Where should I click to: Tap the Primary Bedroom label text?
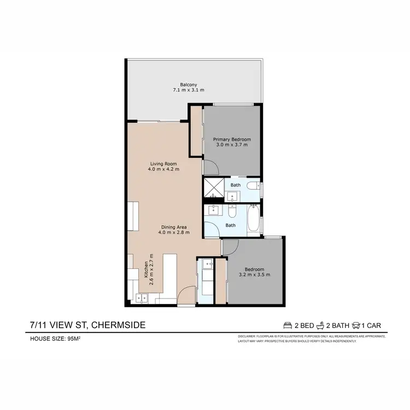point(231,139)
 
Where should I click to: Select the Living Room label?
point(163,163)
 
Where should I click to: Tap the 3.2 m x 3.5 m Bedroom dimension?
point(254,274)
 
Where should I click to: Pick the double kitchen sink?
point(142,298)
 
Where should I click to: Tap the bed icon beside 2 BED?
point(289,326)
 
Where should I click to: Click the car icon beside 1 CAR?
point(358,326)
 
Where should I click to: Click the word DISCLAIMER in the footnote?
point(249,336)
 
